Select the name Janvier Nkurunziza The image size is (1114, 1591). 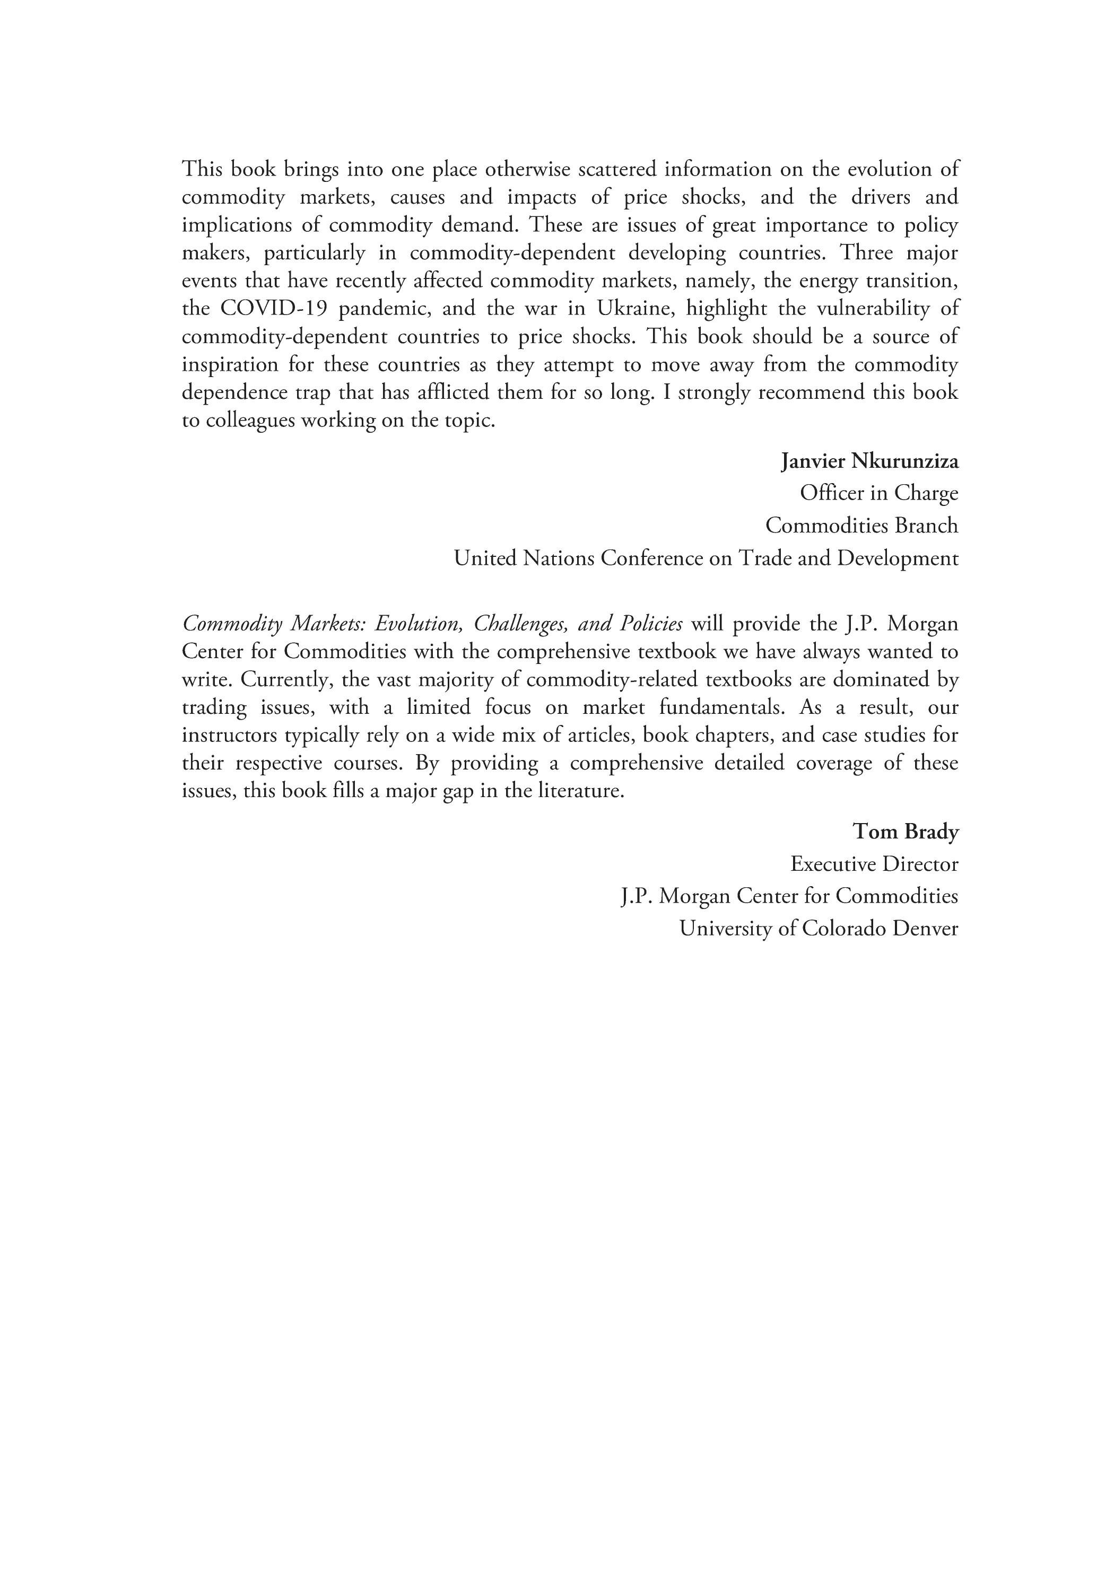coord(870,461)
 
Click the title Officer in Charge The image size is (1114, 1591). coord(879,493)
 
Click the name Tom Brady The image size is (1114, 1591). coord(906,831)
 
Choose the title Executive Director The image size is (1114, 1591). coord(874,863)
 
